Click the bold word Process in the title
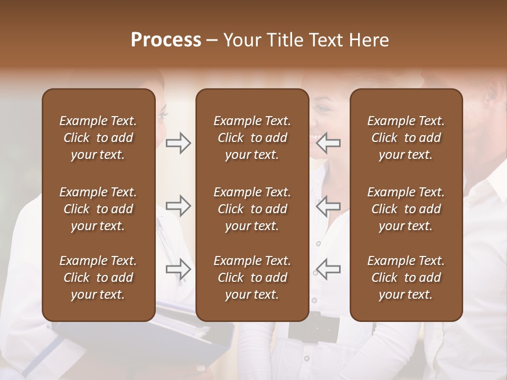click(166, 40)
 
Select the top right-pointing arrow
click(179, 143)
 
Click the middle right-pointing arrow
click(179, 206)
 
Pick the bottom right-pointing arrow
click(179, 269)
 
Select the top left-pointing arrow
click(328, 143)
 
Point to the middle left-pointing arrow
click(328, 206)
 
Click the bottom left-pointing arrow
click(328, 269)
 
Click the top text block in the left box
click(98, 138)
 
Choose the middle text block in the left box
click(98, 209)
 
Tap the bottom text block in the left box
click(98, 278)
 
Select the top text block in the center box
click(252, 138)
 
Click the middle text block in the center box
click(252, 209)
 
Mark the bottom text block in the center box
click(252, 278)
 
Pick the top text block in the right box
click(406, 138)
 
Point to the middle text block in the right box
click(406, 209)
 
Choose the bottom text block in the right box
click(406, 278)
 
